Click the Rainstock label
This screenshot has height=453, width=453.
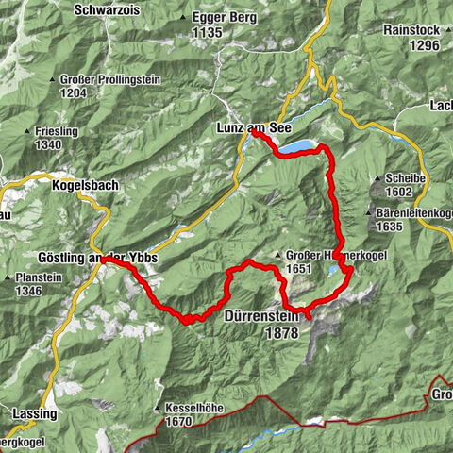pyautogui.click(x=411, y=29)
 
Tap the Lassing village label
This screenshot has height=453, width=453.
pyautogui.click(x=35, y=413)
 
